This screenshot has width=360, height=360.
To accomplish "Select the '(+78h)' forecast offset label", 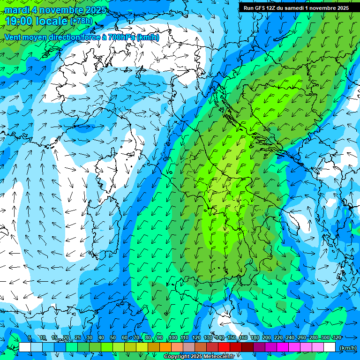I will (x=82, y=21).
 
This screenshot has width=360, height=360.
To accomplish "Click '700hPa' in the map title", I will (x=118, y=37).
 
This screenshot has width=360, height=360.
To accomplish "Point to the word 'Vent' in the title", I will (x=13, y=37).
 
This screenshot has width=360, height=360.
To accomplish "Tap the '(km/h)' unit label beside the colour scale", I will (x=347, y=347).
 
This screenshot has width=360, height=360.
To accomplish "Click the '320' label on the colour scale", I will (x=337, y=337).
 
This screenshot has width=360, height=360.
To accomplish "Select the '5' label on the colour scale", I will (x=29, y=337).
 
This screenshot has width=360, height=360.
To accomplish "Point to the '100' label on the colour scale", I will (x=173, y=337).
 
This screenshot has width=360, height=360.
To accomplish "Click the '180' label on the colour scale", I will (x=255, y=337).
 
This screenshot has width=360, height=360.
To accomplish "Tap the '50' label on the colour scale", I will (x=112, y=337).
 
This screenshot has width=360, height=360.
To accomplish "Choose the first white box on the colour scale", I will (x=25, y=347).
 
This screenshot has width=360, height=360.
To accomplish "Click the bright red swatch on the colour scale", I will (x=224, y=347).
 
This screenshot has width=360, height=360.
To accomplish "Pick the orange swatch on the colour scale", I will (x=165, y=347).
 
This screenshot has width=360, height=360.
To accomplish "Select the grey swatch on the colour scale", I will (x=189, y=347).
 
